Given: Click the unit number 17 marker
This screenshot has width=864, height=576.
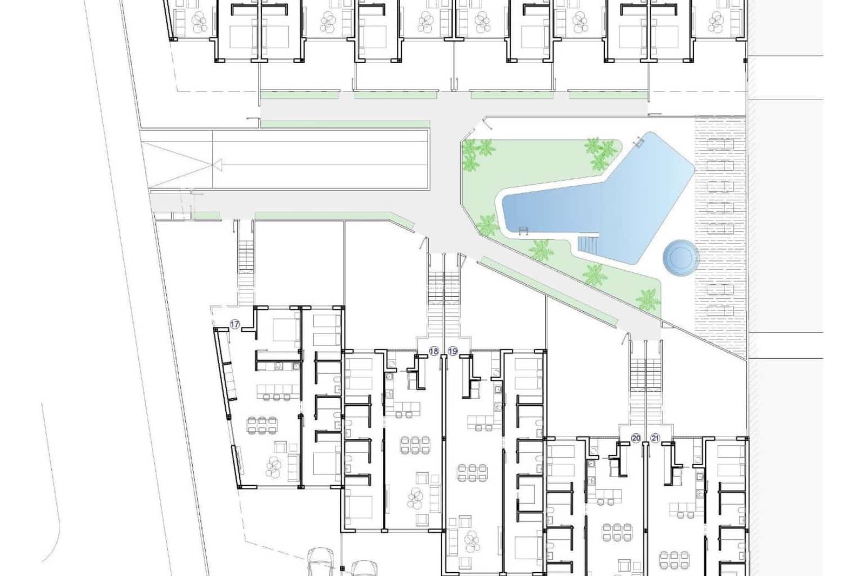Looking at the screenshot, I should [x=235, y=324].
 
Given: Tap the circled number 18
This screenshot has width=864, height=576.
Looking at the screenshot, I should [x=434, y=351].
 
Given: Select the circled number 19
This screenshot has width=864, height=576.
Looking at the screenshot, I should [x=453, y=351].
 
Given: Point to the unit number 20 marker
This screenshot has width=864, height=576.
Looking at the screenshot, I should [x=636, y=438].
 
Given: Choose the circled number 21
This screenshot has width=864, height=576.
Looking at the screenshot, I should [x=656, y=438].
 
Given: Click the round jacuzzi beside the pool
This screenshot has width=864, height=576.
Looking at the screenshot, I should [x=680, y=257].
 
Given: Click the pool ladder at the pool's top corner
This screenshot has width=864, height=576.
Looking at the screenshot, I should [x=640, y=142].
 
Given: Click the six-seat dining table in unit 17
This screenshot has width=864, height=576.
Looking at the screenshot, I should [x=258, y=424].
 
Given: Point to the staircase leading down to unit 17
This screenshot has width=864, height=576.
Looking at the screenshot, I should [x=246, y=265].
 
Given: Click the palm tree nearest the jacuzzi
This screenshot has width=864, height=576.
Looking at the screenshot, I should [x=647, y=299].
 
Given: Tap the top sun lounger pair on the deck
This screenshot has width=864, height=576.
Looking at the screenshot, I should [x=720, y=144].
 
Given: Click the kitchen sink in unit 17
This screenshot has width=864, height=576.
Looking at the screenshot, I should [x=278, y=366].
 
